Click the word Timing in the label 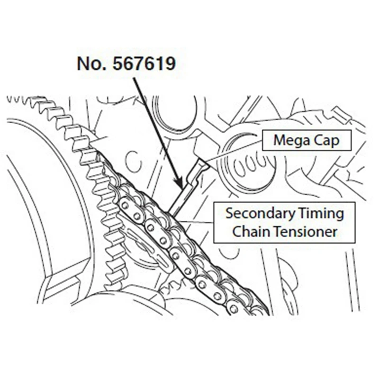(320, 213)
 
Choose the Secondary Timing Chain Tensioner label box (284, 223)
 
